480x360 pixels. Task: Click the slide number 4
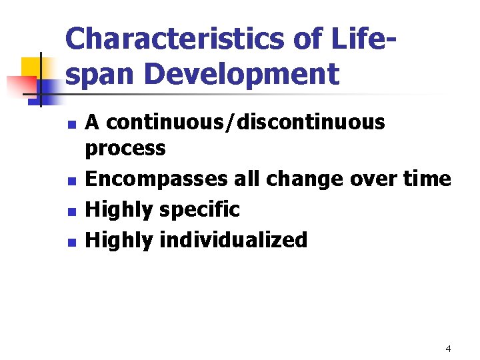click(448, 349)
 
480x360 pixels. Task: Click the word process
click(125, 149)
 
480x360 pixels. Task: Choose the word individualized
click(234, 240)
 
